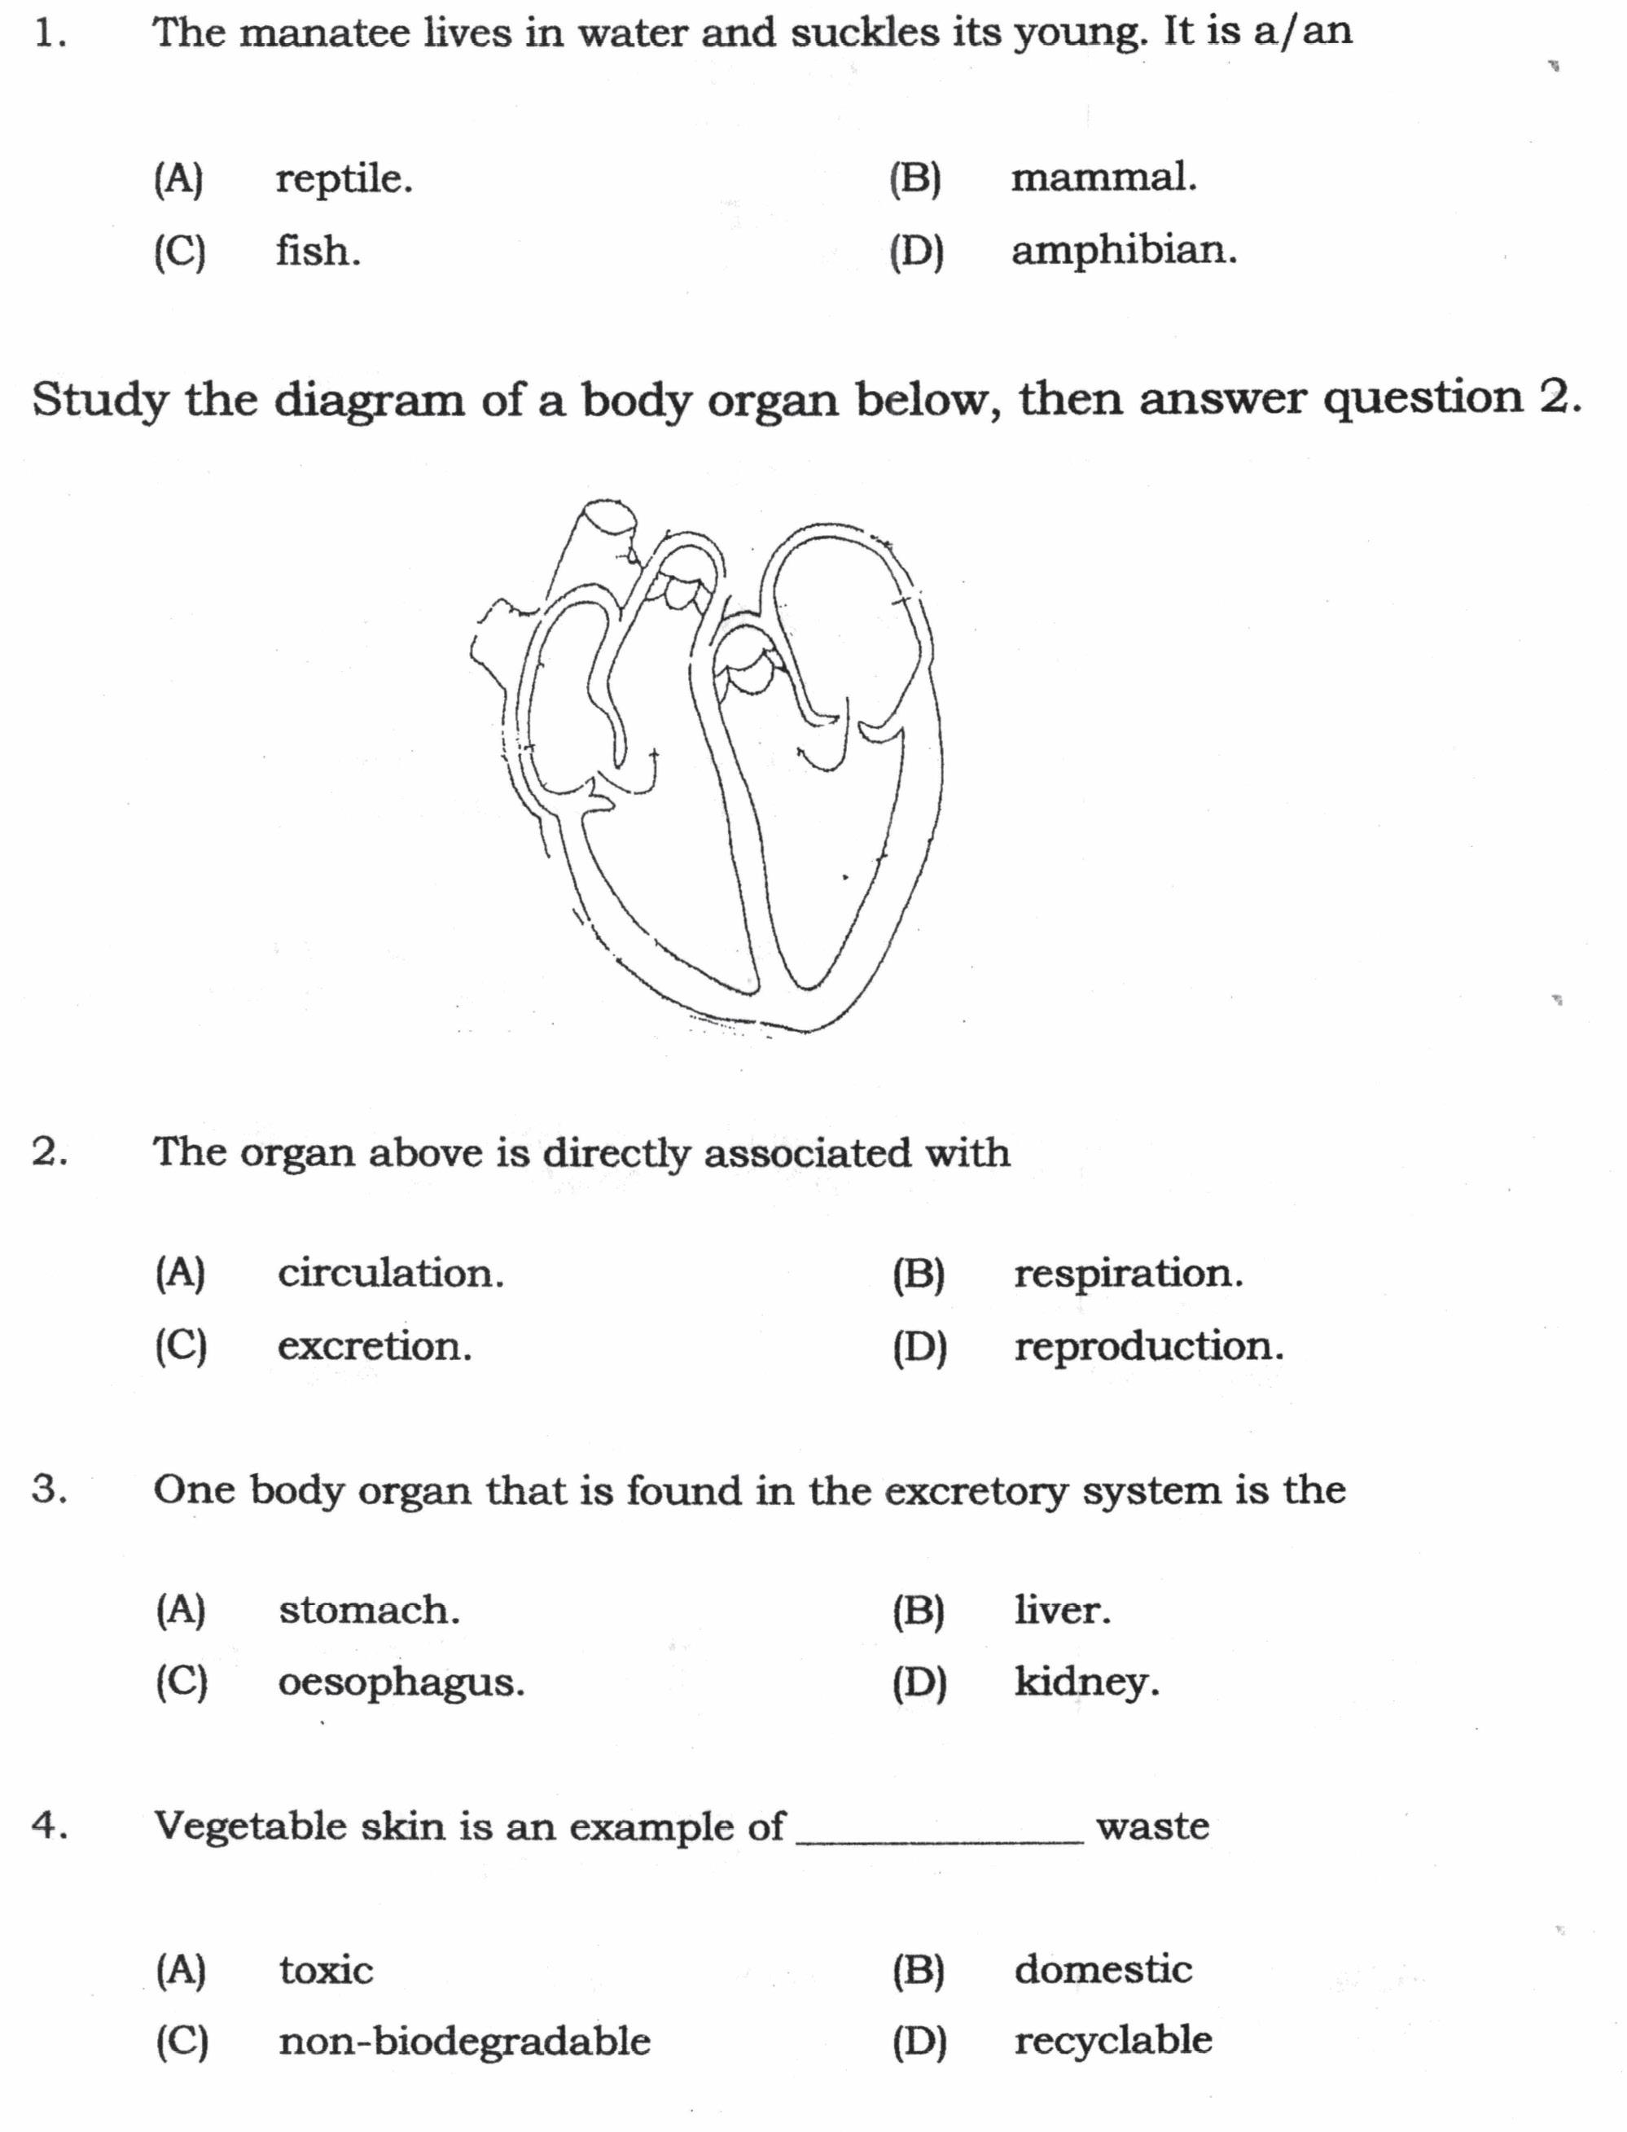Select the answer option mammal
tap(1103, 178)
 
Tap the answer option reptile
tap(344, 180)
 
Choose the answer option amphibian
tap(1124, 251)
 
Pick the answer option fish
tap(318, 252)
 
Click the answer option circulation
tap(390, 1274)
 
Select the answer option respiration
tap(1127, 1274)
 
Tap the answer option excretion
tap(375, 1346)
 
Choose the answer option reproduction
tap(1148, 1346)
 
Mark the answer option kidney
tap(1085, 1682)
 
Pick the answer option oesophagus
tap(401, 1682)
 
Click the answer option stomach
tap(369, 1610)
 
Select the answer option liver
tap(1063, 1610)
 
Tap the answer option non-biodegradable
tap(464, 2041)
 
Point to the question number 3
tap(48, 1489)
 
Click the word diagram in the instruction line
tap(369, 401)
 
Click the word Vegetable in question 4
tap(250, 1827)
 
